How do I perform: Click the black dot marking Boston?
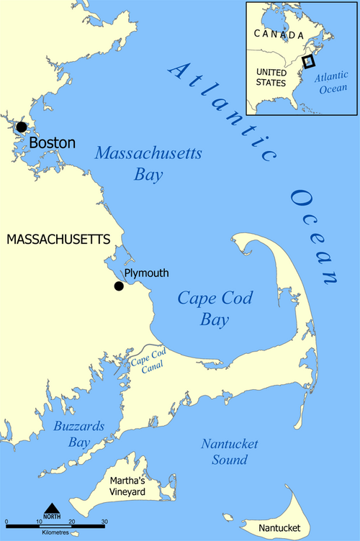21,127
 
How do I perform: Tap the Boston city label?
52,143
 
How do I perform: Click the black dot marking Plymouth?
119,286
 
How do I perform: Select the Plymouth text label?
146,273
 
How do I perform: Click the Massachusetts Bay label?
148,163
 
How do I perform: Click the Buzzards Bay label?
78,434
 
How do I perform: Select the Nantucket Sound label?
230,452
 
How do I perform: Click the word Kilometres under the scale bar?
54,534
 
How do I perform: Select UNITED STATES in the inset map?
271,79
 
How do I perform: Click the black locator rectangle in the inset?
309,62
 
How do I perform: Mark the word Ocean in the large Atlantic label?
315,236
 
